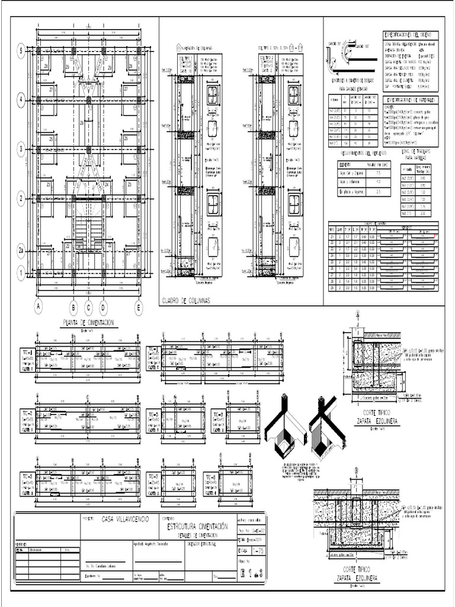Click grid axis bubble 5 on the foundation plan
click(x=21, y=51)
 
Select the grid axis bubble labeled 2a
click(x=21, y=251)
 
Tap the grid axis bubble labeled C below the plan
click(x=89, y=306)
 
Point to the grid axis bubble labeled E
click(x=139, y=306)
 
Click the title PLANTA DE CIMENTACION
click(x=90, y=323)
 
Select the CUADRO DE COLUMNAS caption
click(x=186, y=301)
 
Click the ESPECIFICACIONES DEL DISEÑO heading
click(x=410, y=35)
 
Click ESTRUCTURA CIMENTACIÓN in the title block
click(x=197, y=526)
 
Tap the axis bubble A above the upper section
click(x=357, y=314)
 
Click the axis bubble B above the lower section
click(x=357, y=471)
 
